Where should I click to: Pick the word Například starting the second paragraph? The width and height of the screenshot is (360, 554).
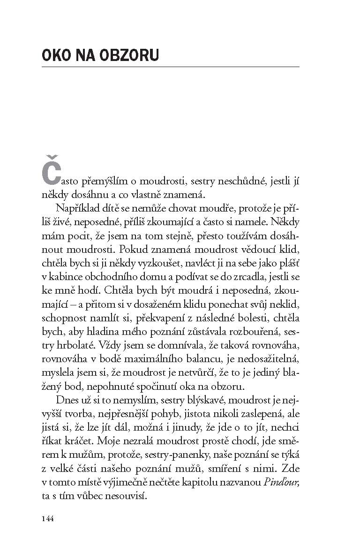(x=76, y=208)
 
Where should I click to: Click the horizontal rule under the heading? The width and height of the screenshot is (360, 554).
(x=171, y=67)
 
